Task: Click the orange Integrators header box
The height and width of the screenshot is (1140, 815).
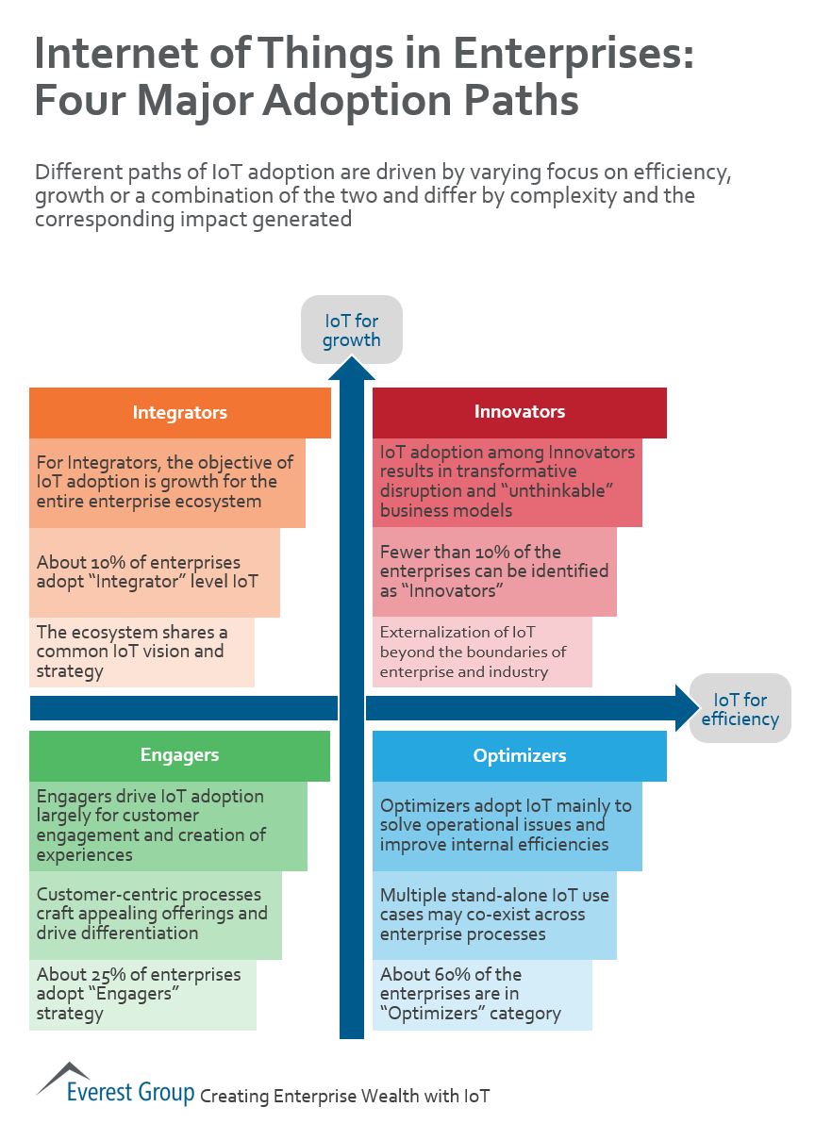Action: click(179, 413)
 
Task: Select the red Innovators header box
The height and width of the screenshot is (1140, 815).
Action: click(519, 412)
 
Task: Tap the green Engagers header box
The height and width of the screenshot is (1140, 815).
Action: click(179, 755)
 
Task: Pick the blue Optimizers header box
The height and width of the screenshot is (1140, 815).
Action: click(519, 756)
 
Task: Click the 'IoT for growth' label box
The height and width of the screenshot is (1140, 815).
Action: click(351, 330)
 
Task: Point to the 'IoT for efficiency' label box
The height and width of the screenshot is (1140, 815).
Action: click(740, 709)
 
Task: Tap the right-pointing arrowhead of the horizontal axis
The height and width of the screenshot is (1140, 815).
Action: click(686, 707)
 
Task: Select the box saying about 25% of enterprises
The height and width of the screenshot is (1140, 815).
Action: click(141, 995)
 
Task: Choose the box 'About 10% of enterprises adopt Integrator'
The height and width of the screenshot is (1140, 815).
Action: click(154, 572)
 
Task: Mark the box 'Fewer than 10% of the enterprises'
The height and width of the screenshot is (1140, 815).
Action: click(493, 571)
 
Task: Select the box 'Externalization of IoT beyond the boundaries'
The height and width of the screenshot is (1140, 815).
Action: click(481, 652)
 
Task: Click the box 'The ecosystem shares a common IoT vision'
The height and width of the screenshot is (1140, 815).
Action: click(141, 652)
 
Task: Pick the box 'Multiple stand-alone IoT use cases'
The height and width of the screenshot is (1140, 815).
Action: click(493, 915)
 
